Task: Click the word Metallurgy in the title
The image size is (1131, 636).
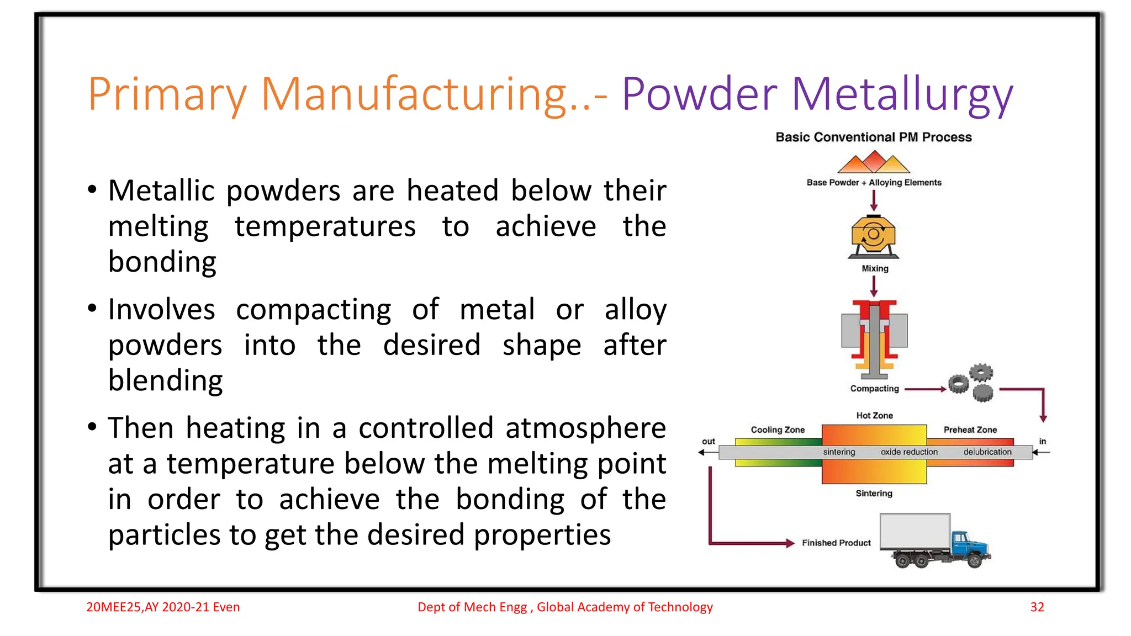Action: pos(902,94)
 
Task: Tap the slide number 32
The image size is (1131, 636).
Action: pos(1037,607)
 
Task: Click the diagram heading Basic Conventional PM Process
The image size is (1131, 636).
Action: pos(874,137)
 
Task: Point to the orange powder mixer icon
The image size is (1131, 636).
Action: pos(873,236)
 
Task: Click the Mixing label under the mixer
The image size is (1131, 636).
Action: pos(875,268)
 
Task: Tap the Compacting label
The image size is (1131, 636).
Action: pos(874,389)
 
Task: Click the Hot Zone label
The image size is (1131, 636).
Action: pos(874,415)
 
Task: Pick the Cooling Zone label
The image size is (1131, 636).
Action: pos(778,430)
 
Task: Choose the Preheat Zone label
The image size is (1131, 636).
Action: pos(970,430)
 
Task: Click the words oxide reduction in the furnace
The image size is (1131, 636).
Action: pos(909,452)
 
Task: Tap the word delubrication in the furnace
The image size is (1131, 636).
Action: pos(987,452)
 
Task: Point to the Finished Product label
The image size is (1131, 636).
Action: pos(836,543)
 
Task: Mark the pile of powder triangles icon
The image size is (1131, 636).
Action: pos(874,162)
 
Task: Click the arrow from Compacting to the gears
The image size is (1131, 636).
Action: pos(926,389)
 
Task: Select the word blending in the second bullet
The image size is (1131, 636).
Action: pos(165,381)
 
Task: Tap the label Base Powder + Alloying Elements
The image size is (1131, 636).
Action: pos(874,182)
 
